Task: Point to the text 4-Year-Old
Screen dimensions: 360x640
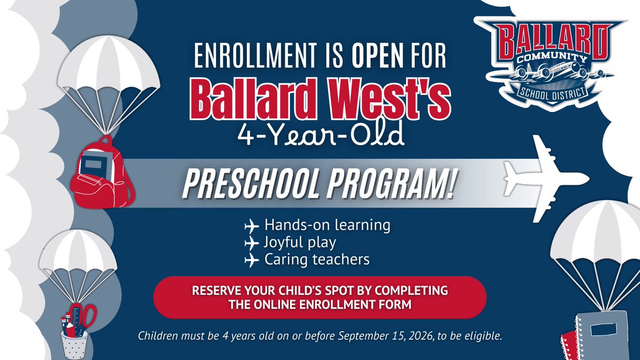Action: click(x=319, y=136)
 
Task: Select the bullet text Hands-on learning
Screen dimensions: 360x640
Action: click(x=326, y=225)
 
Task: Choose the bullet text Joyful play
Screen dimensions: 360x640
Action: click(x=299, y=243)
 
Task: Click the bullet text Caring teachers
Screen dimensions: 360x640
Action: click(x=317, y=260)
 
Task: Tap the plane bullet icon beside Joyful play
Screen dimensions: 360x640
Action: click(x=250, y=243)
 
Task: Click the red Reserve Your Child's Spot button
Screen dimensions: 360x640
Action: click(x=319, y=297)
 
